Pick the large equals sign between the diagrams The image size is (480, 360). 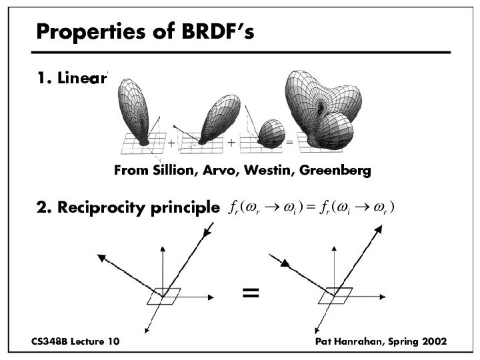click(251, 292)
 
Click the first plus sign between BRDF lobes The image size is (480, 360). click(171, 143)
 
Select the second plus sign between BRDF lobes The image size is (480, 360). click(232, 143)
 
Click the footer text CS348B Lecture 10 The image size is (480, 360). click(75, 341)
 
